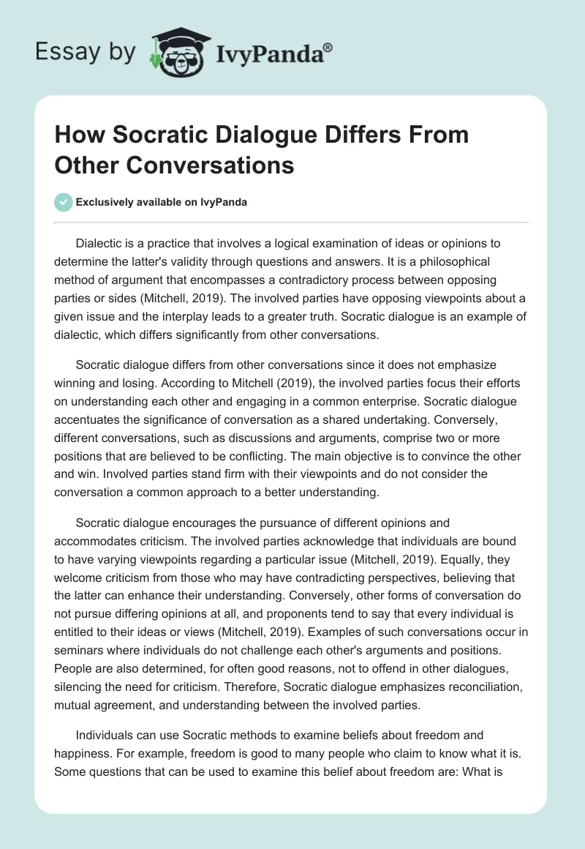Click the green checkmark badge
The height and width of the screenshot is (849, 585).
tap(64, 202)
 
